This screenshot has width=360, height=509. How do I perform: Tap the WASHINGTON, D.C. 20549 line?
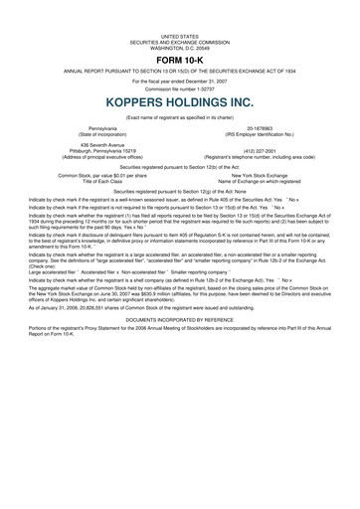click(x=179, y=47)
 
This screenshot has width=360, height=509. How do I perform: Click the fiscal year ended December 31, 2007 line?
click(x=179, y=80)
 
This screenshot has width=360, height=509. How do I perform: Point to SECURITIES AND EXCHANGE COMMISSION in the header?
click(x=179, y=41)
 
